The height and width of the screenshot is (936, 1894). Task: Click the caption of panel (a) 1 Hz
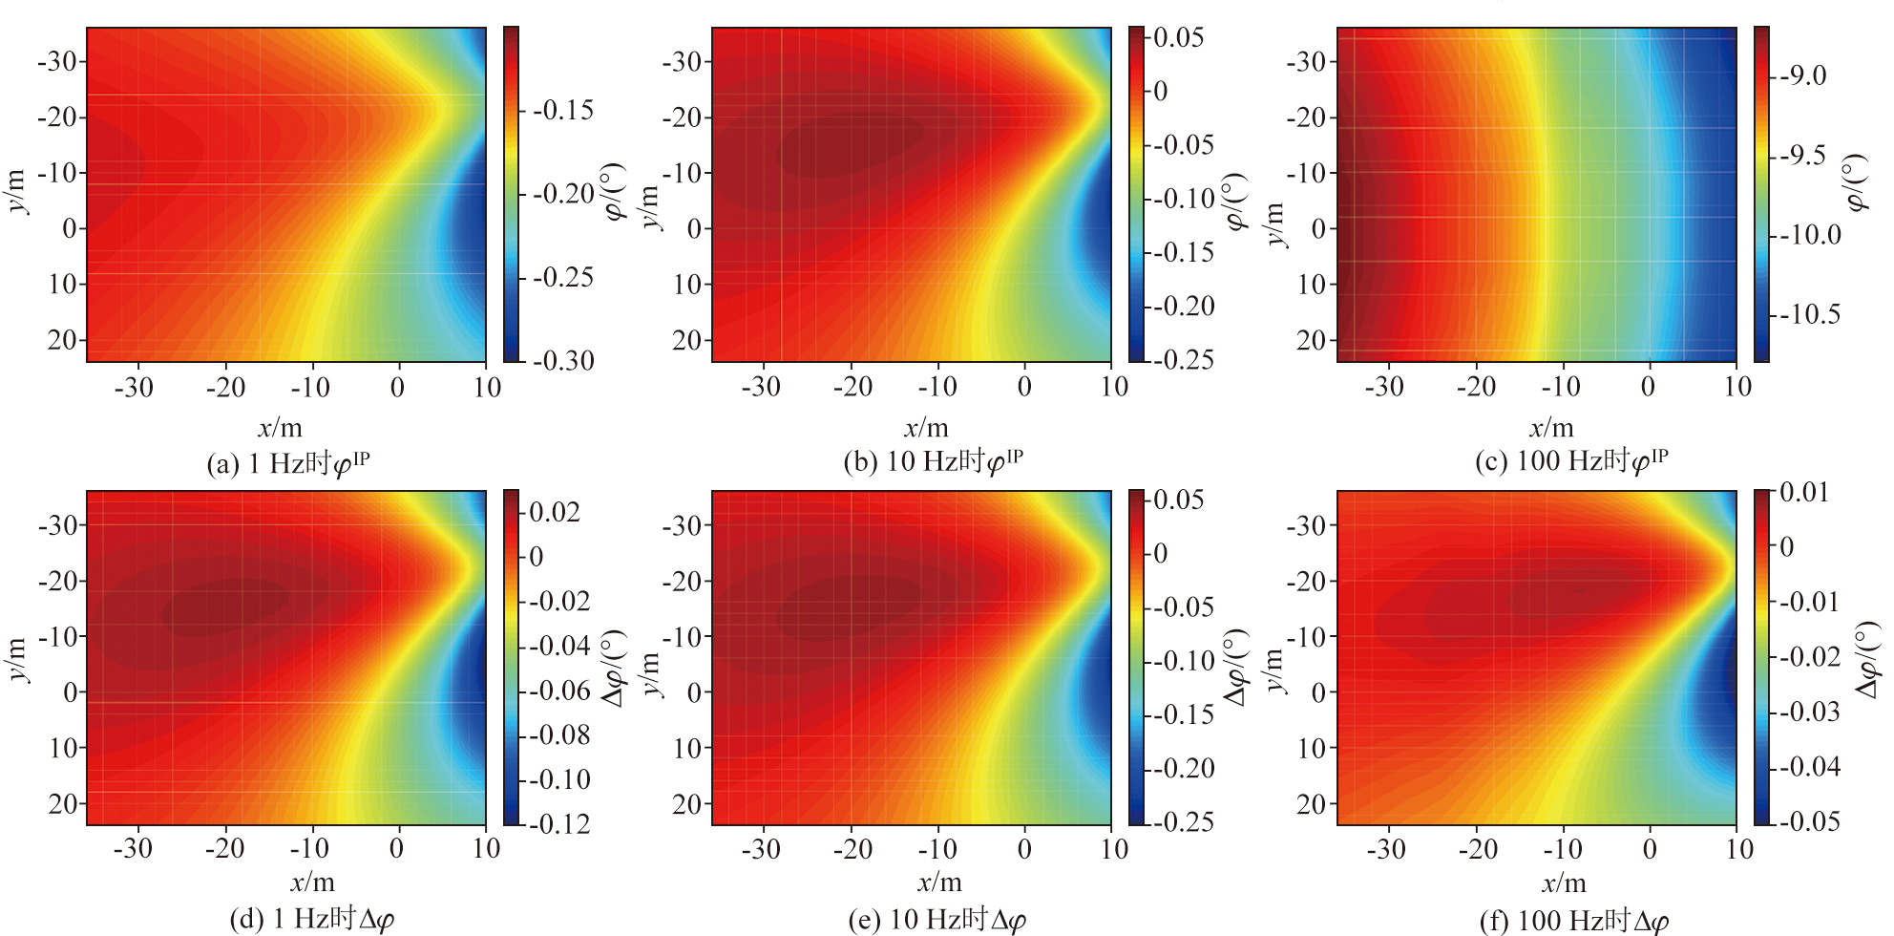(x=288, y=464)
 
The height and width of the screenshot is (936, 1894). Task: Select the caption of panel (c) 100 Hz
(x=1571, y=462)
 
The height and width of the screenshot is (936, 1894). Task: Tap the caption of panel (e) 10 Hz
(x=936, y=920)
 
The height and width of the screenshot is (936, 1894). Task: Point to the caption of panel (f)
(x=1573, y=921)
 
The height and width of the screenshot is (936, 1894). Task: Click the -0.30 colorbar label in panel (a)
(x=563, y=361)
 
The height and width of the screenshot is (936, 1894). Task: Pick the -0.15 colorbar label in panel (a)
(x=563, y=111)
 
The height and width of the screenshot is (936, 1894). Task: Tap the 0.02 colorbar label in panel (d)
(x=554, y=512)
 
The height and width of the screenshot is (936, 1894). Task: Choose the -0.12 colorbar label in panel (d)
(x=559, y=823)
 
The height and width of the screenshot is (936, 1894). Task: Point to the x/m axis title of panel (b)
(x=925, y=428)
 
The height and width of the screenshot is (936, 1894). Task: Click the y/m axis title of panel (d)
(x=17, y=659)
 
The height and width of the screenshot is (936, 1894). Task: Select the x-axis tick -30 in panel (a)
(x=133, y=387)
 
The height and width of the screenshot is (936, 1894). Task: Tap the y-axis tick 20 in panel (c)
(x=1312, y=340)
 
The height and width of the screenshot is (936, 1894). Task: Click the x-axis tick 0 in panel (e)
(x=1024, y=849)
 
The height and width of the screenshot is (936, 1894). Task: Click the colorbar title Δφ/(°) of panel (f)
(x=1869, y=659)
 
